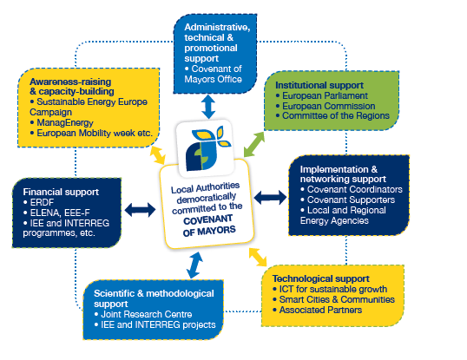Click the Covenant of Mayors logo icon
[x=207, y=148]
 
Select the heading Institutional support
[x=319, y=85]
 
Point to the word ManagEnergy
[x=65, y=122]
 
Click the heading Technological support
[x=321, y=278]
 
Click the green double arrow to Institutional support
[x=254, y=144]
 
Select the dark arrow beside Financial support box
[x=140, y=210]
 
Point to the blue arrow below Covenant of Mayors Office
[x=208, y=107]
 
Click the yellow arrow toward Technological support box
[x=258, y=257]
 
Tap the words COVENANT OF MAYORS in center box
[x=209, y=226]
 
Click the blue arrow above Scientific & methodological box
[x=194, y=265]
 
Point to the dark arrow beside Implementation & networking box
[x=270, y=198]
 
